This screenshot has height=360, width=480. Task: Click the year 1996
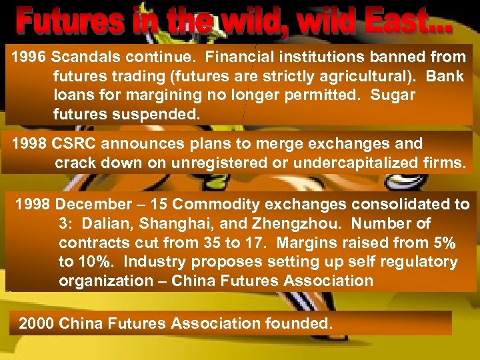coord(27,57)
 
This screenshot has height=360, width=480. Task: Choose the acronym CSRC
coord(78,143)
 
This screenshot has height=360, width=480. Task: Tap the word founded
coord(297,323)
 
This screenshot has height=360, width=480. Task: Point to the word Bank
coord(444,76)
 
